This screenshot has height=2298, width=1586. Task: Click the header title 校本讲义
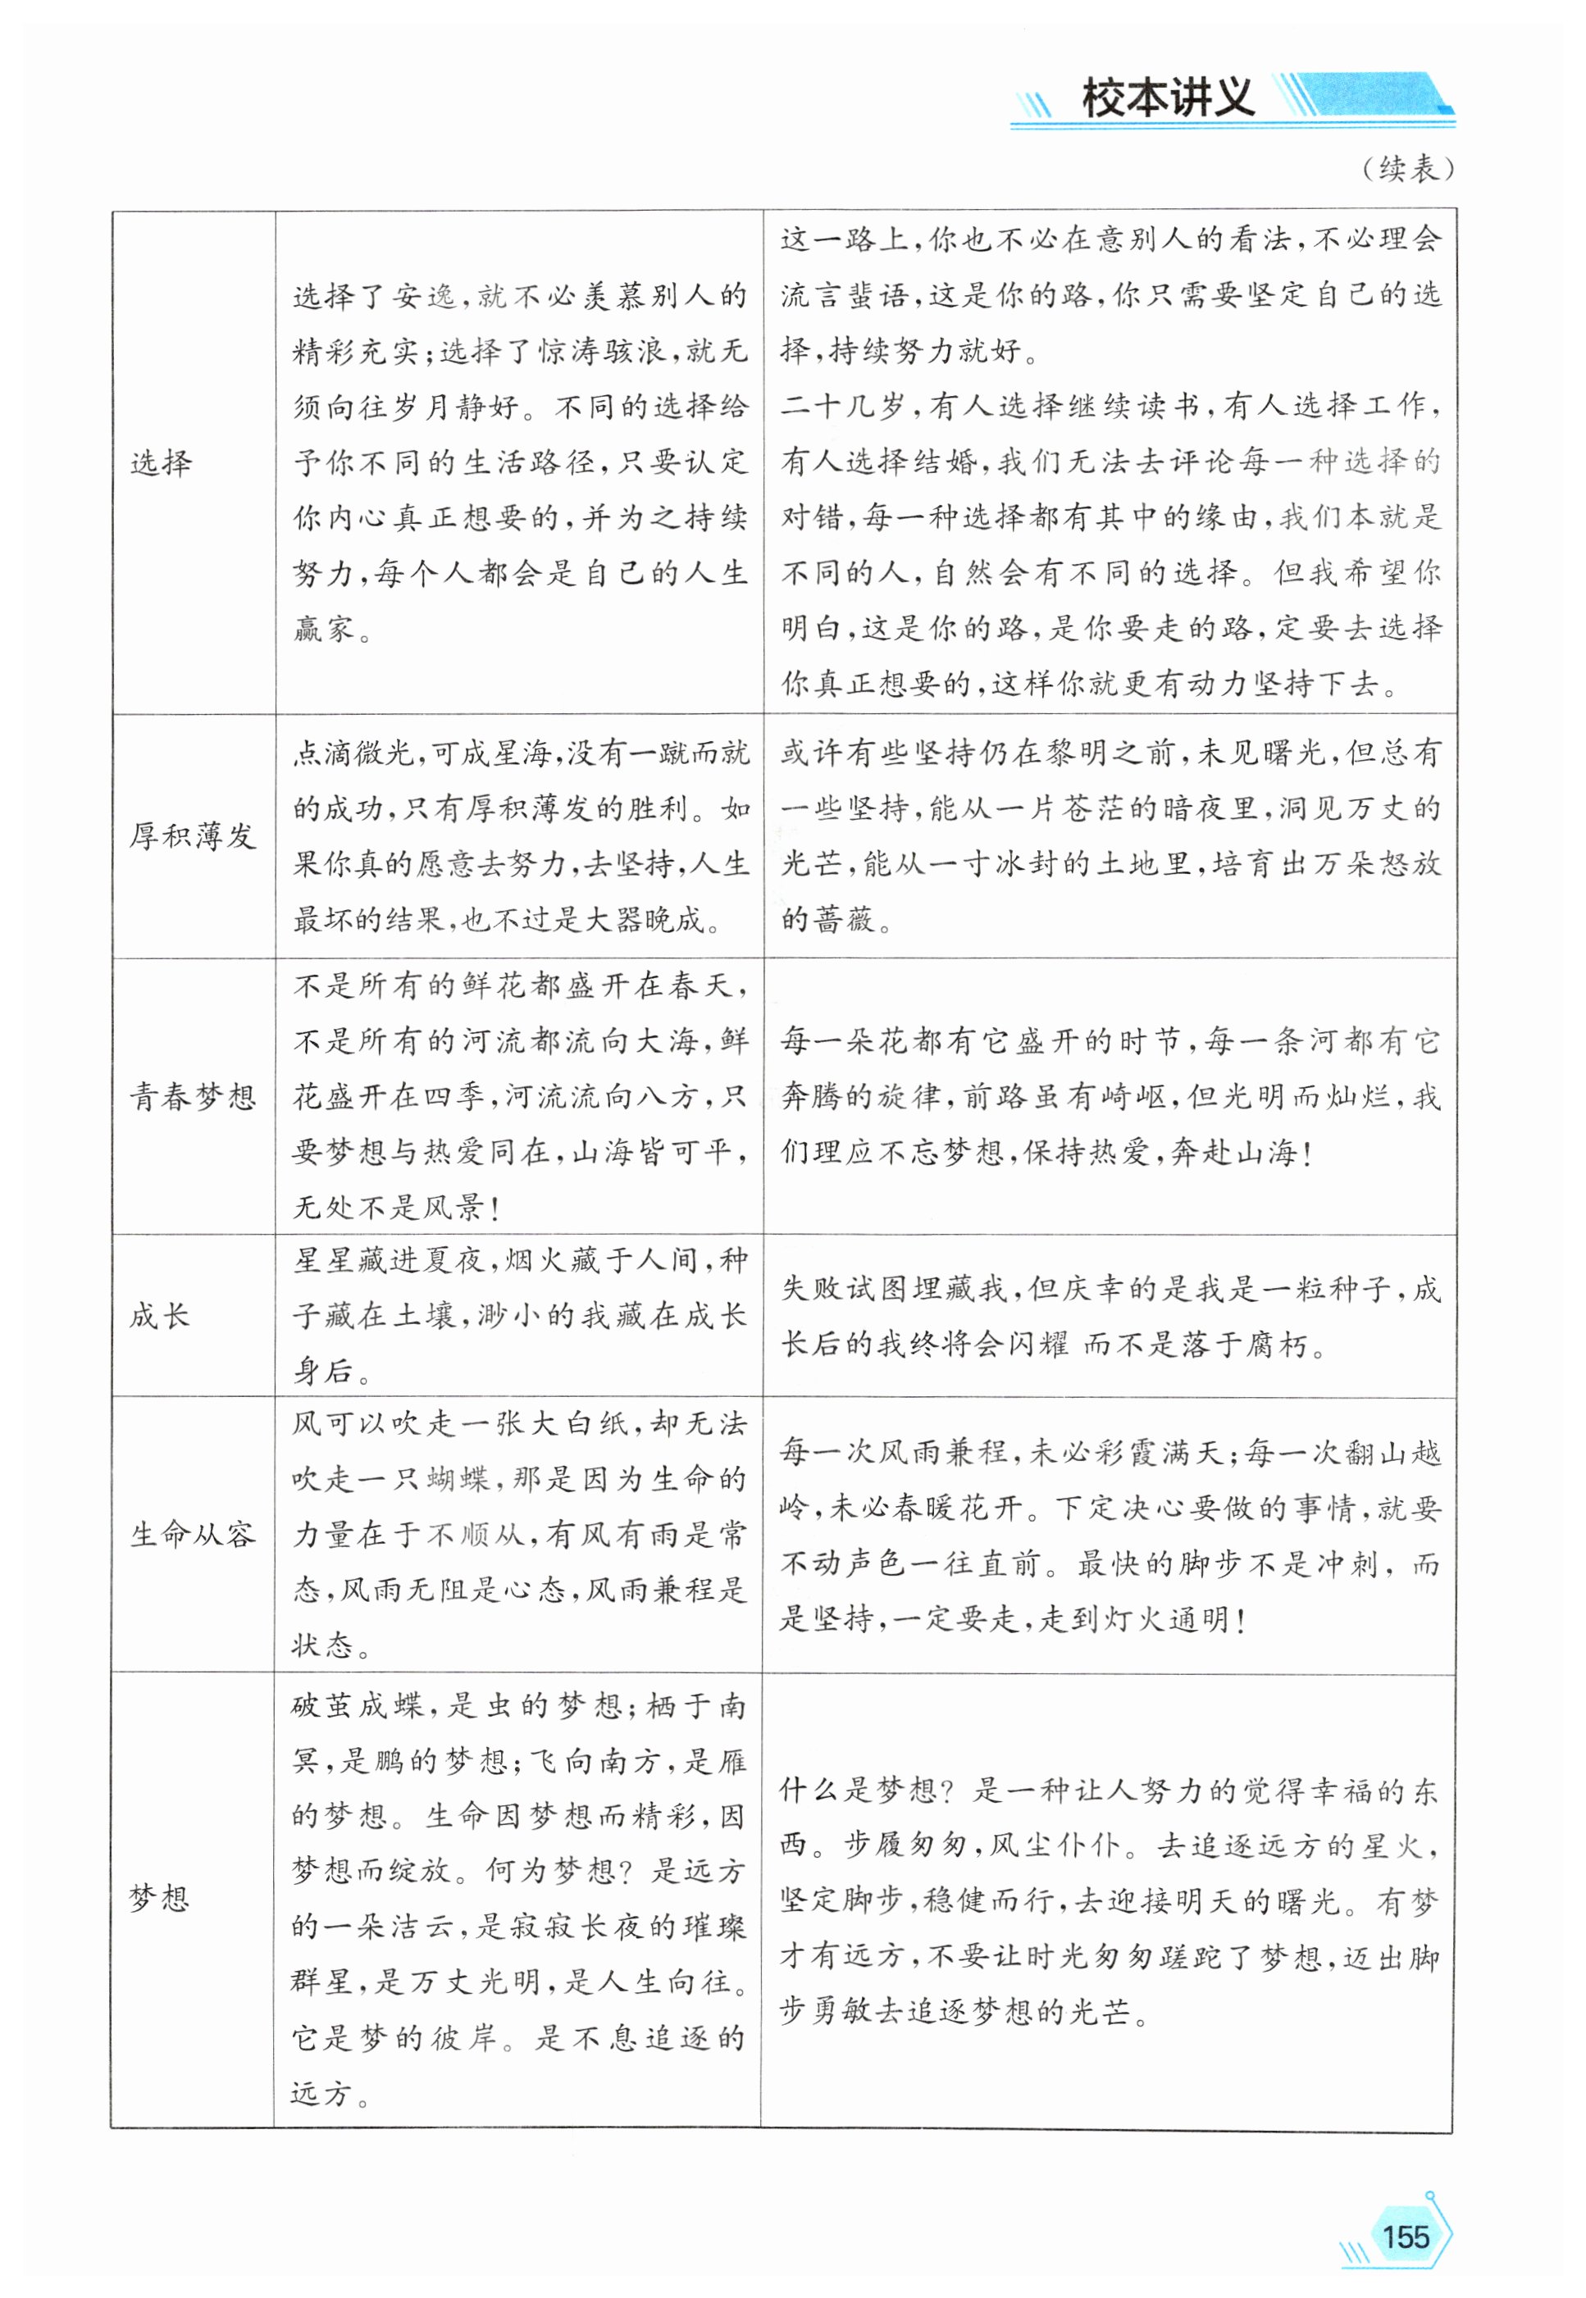[1167, 98]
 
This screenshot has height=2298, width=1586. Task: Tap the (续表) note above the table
[1408, 169]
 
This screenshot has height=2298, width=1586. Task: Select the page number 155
[1405, 2208]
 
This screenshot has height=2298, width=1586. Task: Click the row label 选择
[160, 463]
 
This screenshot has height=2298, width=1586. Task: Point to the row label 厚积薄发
[193, 835]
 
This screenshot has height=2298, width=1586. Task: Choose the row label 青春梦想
[193, 1097]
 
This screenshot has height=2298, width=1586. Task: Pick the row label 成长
[159, 1317]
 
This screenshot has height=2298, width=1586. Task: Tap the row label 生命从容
[193, 1534]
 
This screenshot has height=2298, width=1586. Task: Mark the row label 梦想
[159, 1899]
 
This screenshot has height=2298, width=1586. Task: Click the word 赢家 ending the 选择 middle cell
[324, 629]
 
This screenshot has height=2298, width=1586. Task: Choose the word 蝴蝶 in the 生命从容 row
[458, 1479]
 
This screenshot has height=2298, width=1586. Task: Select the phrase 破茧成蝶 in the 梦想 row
[358, 1706]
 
